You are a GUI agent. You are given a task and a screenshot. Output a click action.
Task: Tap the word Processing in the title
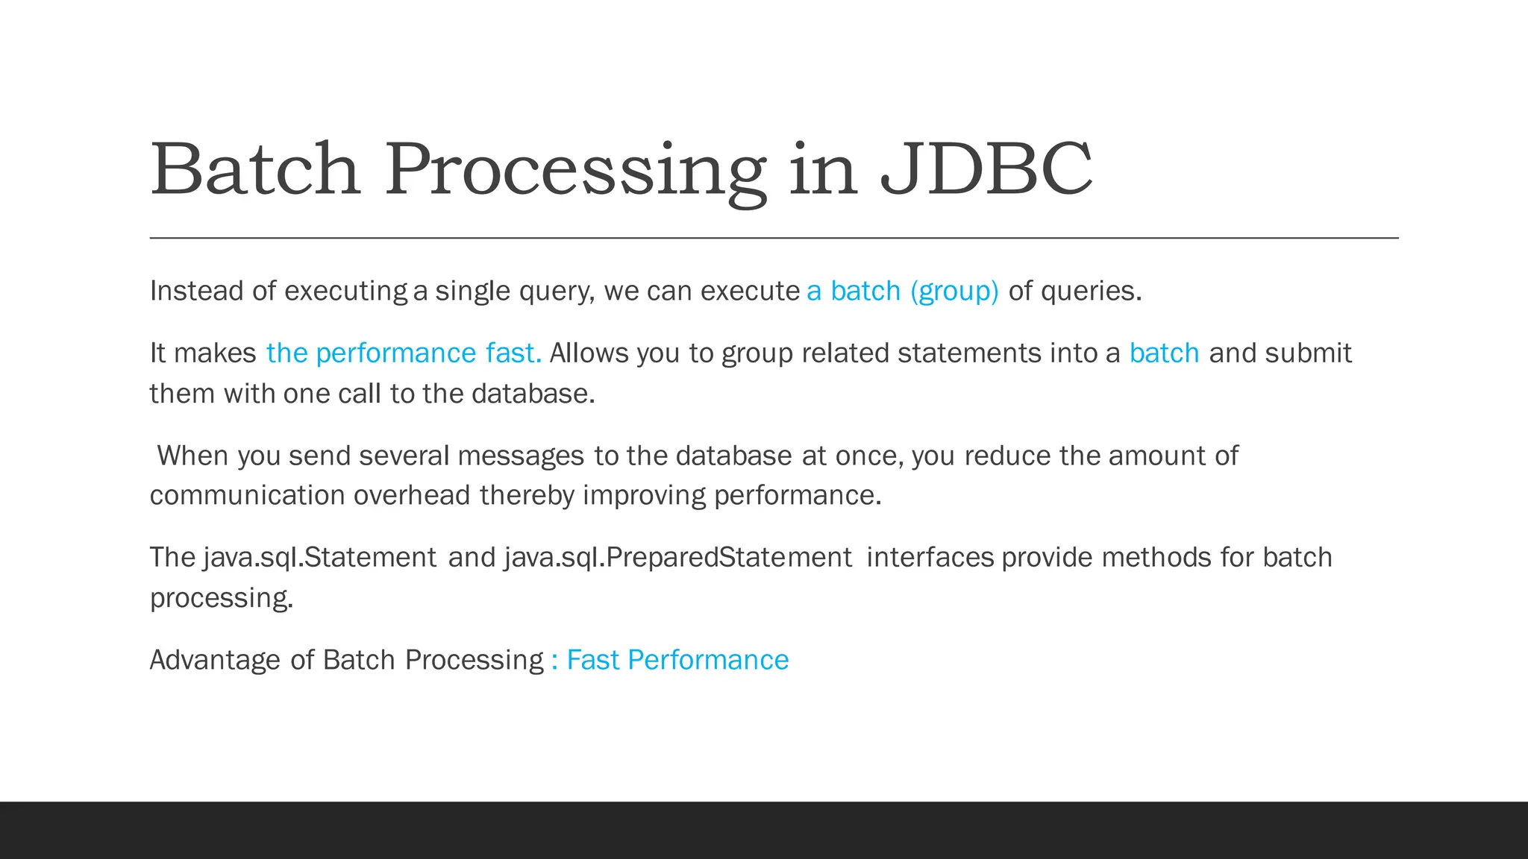575,172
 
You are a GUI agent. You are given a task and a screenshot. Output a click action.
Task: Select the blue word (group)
954,291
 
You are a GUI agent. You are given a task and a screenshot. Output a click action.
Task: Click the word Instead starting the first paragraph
196,291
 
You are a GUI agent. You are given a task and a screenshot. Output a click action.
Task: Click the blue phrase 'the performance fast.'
404,353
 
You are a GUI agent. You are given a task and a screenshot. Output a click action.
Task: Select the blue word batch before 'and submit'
1164,353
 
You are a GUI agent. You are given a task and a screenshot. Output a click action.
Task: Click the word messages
521,456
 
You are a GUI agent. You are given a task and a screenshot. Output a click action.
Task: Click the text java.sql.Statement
319,558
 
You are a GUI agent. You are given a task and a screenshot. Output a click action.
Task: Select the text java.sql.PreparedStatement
677,558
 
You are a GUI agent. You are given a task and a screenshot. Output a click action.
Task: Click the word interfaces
930,558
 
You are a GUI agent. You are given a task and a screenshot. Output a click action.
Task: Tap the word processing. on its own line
222,598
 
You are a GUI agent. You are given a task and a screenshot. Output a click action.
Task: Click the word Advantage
215,660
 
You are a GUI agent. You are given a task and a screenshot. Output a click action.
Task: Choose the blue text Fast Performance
677,660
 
